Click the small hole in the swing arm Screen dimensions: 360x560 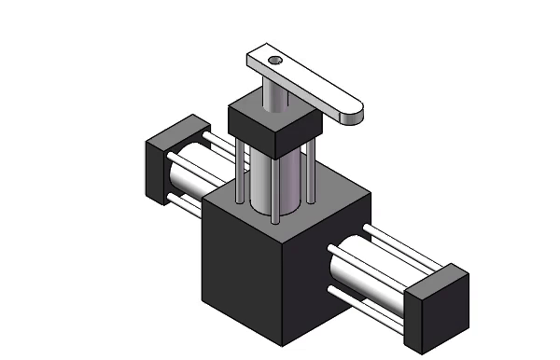[275, 61]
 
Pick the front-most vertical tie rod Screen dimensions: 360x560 [276, 187]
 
